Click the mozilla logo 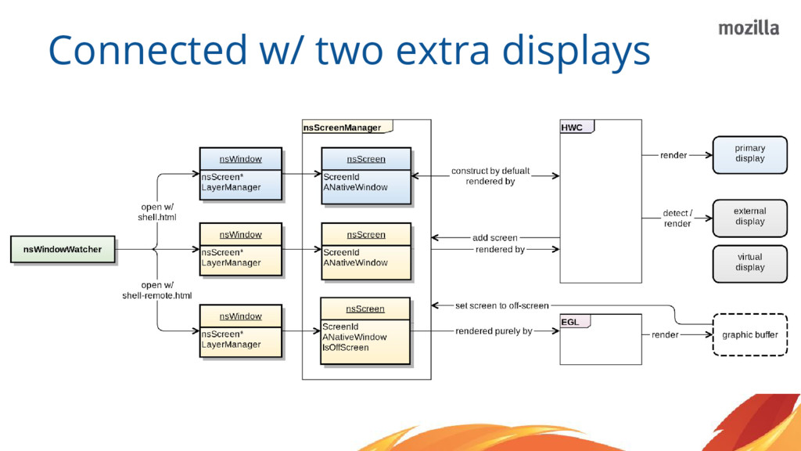click(749, 28)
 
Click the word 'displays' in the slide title click(576, 51)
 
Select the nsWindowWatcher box click(63, 250)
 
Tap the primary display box click(749, 153)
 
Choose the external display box click(749, 217)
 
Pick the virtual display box click(749, 262)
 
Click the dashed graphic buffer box click(749, 335)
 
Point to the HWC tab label click(573, 128)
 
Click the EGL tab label click(571, 322)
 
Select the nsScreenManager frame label click(343, 128)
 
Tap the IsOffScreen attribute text click(345, 348)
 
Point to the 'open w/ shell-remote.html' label click(156, 290)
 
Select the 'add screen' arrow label click(494, 238)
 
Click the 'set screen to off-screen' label click(501, 305)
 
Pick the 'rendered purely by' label click(494, 331)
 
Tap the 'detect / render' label click(677, 218)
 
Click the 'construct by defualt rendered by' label click(490, 176)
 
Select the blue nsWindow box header click(240, 159)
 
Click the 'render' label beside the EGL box click(665, 335)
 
